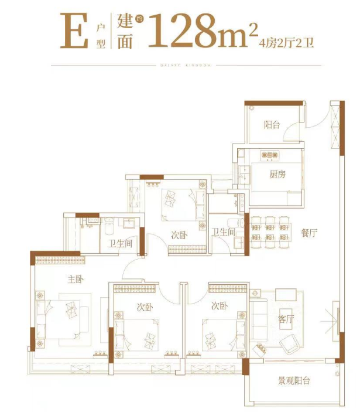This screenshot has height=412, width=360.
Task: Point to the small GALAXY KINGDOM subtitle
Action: [x=180, y=65]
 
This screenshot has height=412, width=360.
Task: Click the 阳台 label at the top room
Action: [x=271, y=124]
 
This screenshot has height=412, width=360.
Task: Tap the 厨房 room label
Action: [x=277, y=175]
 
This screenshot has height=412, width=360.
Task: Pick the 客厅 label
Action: [x=286, y=319]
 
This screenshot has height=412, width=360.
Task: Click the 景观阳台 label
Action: [x=294, y=382]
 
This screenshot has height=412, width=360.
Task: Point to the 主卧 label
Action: [x=76, y=279]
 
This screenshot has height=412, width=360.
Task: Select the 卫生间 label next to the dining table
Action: [x=223, y=233]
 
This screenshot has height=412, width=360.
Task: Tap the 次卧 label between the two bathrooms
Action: [x=179, y=235]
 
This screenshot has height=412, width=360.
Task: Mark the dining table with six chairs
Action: [x=269, y=230]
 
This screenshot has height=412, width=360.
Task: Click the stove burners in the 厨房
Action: [x=270, y=155]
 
